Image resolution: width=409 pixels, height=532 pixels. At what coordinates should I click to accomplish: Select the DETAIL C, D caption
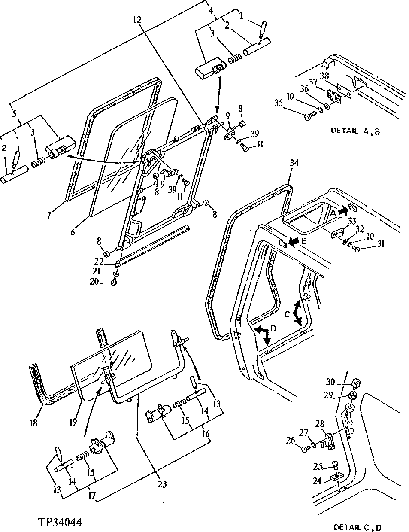click(x=357, y=526)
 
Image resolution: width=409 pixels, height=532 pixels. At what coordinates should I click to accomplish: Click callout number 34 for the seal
click(x=294, y=163)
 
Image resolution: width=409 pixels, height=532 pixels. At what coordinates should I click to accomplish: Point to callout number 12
click(x=136, y=19)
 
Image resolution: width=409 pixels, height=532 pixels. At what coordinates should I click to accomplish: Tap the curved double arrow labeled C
click(x=297, y=313)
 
